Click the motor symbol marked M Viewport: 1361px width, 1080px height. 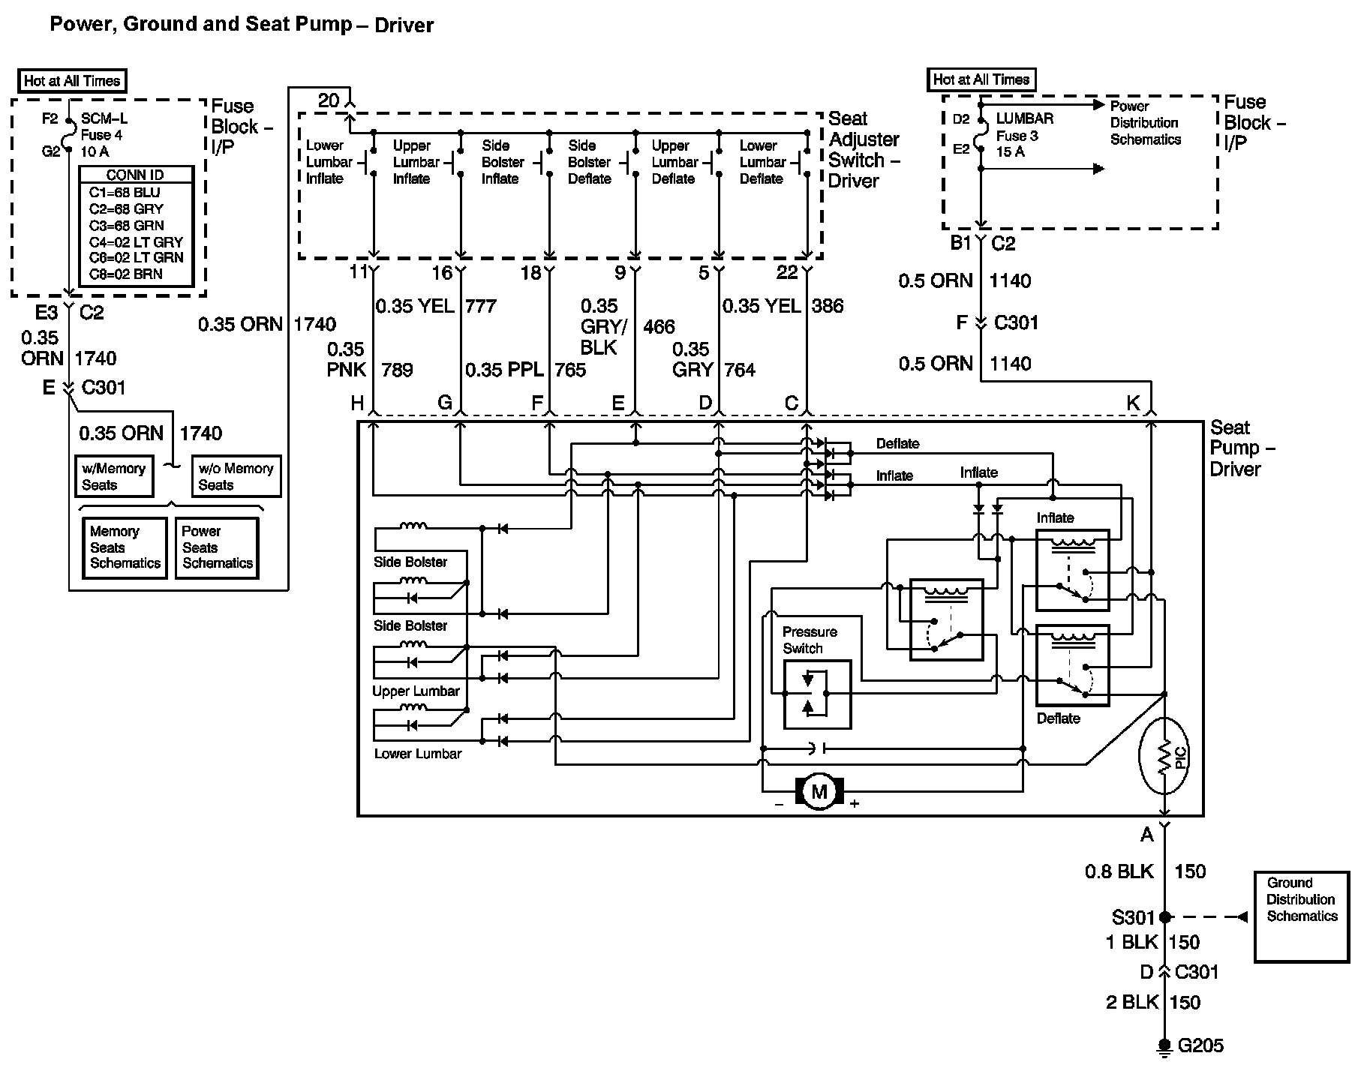(819, 791)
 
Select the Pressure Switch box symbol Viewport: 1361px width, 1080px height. (817, 694)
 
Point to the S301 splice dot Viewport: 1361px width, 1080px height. (1164, 916)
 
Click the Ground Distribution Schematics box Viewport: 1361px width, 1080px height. (1302, 916)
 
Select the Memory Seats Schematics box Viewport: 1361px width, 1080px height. (125, 547)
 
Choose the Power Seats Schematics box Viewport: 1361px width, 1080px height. (218, 547)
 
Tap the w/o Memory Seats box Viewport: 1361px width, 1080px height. (236, 476)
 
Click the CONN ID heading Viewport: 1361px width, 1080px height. (135, 175)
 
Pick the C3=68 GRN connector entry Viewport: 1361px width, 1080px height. (126, 225)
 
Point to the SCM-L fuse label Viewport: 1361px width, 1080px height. (104, 119)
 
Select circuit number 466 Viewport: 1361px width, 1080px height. (659, 327)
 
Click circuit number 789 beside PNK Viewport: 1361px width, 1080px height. (397, 370)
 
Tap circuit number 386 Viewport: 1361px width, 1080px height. (828, 306)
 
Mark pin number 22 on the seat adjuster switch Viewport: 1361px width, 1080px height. (787, 272)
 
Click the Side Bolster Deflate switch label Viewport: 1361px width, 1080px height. (589, 162)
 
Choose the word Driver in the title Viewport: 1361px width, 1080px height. (404, 25)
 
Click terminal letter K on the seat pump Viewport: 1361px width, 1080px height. (1133, 403)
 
